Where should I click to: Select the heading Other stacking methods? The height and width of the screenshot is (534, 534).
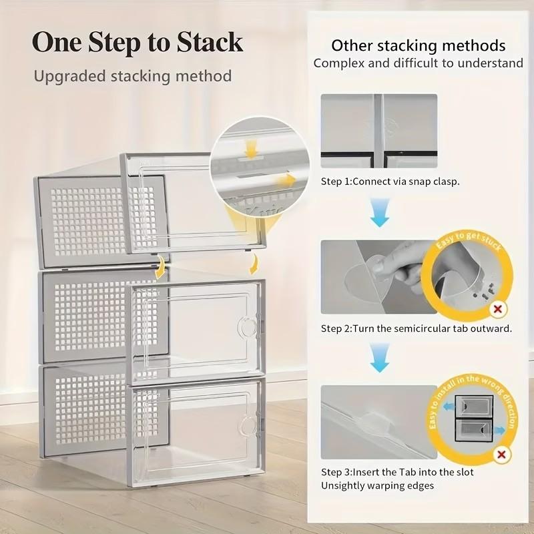pyautogui.click(x=419, y=45)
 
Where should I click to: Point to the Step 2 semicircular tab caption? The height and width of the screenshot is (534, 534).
pyautogui.click(x=416, y=328)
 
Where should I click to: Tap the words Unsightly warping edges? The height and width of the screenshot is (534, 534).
pyautogui.click(x=377, y=485)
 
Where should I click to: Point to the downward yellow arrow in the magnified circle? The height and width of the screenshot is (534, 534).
pyautogui.click(x=250, y=147)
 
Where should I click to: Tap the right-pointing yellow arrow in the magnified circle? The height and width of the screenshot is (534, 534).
pyautogui.click(x=287, y=179)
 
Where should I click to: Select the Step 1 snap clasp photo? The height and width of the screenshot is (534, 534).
pyautogui.click(x=378, y=130)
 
